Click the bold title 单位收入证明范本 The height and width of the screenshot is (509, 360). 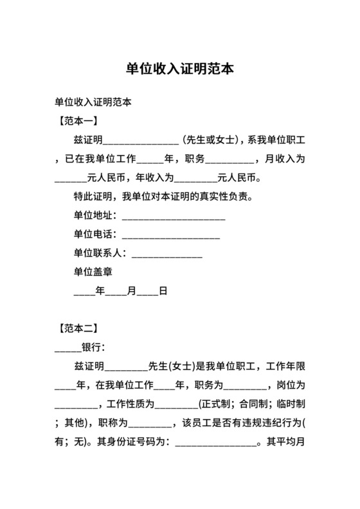click(179, 69)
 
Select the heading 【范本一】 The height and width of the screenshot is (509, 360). click(76, 120)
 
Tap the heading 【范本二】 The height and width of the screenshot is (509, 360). click(76, 329)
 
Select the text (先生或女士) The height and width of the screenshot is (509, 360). click(212, 139)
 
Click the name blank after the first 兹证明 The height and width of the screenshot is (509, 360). click(141, 139)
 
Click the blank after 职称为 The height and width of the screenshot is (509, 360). click(150, 424)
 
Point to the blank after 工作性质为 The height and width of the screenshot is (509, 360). click(177, 404)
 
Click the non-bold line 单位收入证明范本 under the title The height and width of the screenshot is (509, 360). click(93, 102)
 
